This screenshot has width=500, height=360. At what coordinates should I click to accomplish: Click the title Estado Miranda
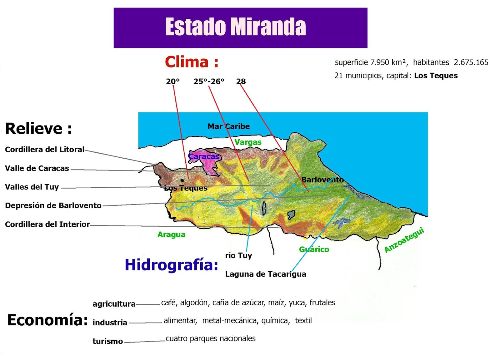(x=235, y=27)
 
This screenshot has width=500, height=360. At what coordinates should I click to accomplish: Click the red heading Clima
(x=191, y=62)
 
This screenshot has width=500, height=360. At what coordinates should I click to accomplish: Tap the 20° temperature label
(x=173, y=81)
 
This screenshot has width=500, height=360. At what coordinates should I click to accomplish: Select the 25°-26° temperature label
(x=209, y=81)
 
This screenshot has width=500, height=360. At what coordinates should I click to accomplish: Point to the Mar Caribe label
(x=228, y=126)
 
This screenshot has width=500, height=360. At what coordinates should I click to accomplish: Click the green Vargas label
(x=248, y=142)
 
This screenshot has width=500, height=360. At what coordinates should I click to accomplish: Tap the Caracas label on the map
(x=204, y=156)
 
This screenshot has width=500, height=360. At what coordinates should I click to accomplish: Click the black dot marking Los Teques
(x=182, y=180)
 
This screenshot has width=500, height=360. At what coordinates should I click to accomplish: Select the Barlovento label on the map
(x=322, y=180)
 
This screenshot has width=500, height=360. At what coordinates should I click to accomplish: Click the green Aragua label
(x=171, y=234)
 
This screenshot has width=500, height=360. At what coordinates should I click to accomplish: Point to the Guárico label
(x=314, y=249)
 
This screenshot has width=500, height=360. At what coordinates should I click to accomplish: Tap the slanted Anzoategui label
(x=404, y=240)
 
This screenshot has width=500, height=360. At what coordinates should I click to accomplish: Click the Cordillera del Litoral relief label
(x=45, y=150)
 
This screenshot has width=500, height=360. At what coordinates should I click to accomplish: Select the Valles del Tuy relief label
(x=32, y=187)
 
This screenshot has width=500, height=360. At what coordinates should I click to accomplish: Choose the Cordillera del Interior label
(x=47, y=224)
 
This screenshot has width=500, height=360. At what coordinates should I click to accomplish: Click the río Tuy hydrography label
(x=238, y=255)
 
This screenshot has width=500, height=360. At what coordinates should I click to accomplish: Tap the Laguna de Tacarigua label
(x=266, y=274)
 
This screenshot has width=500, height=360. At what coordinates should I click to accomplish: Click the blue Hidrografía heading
(x=171, y=265)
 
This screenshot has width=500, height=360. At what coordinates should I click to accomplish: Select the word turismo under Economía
(x=107, y=341)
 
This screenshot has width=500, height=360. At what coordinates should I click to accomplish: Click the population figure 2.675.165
(x=471, y=62)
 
